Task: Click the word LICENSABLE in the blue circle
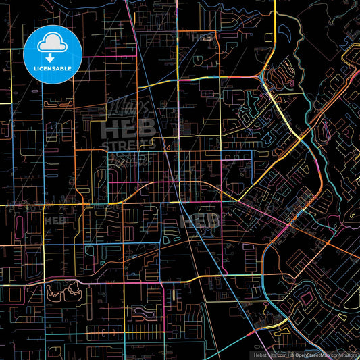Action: (53, 68)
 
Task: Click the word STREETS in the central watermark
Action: (128, 144)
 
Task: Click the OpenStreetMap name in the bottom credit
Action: (316, 355)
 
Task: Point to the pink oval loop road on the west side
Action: (18, 222)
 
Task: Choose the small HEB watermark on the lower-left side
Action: (53, 220)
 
